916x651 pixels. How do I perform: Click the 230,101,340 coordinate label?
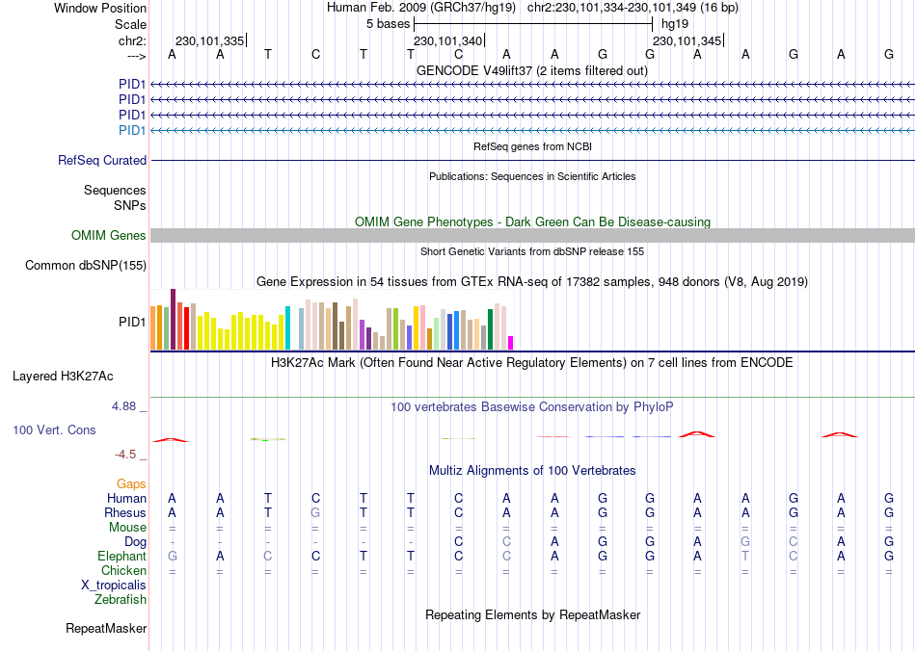447,41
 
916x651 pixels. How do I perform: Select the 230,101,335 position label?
209,41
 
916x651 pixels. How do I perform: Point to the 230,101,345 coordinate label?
687,41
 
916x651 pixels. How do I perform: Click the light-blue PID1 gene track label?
132,130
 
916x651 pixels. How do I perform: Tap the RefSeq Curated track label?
102,161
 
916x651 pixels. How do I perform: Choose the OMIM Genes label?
109,236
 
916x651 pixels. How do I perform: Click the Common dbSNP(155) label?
86,265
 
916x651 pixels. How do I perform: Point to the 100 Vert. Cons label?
54,430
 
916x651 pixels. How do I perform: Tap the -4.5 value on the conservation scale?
128,455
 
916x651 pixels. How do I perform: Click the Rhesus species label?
125,513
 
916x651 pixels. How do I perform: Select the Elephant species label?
121,557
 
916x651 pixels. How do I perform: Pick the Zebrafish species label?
121,600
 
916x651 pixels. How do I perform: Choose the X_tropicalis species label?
114,586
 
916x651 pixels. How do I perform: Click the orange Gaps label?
132,483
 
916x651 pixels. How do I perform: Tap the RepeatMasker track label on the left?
106,629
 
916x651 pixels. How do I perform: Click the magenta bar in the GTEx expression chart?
511,342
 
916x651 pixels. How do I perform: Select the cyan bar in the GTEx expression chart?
287,327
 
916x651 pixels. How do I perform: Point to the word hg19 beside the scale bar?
674,23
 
